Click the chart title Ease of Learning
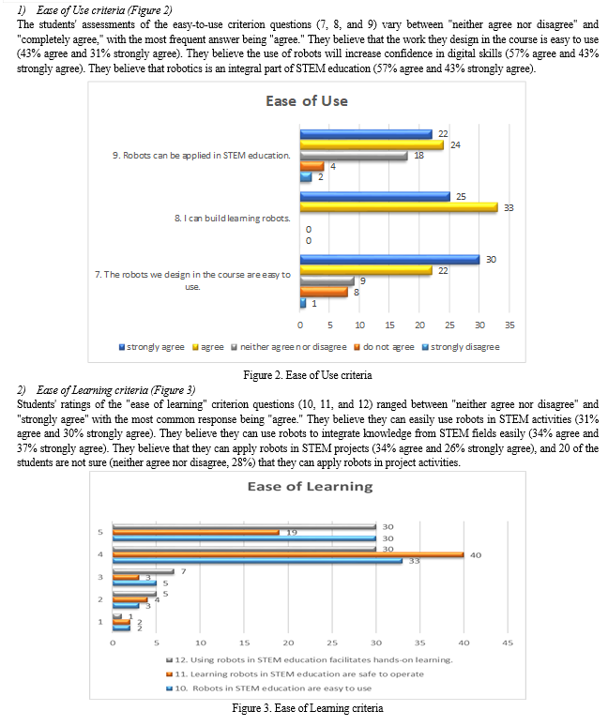[310, 486]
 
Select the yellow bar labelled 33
[399, 206]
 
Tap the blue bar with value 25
[374, 196]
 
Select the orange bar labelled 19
[196, 532]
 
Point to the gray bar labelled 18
[354, 156]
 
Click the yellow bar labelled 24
[372, 144]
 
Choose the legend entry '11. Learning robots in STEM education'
[287, 673]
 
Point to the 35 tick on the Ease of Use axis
[509, 325]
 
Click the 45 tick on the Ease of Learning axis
[508, 643]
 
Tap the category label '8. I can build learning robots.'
[232, 218]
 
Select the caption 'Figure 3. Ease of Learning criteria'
[308, 706]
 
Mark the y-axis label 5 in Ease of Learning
[100, 532]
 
